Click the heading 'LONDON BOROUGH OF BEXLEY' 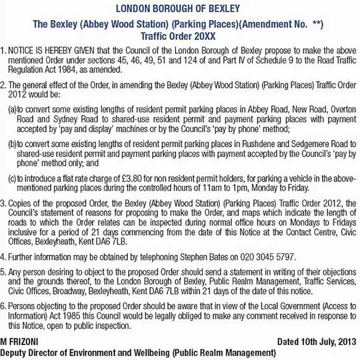(178, 8)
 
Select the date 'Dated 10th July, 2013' (317, 341)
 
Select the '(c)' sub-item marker (12, 180)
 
